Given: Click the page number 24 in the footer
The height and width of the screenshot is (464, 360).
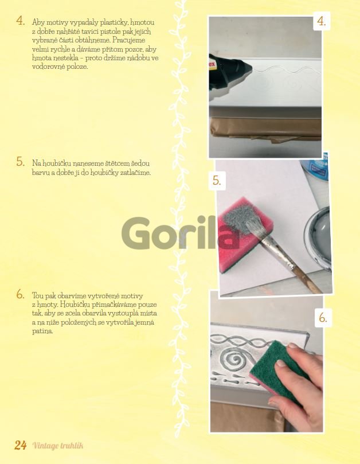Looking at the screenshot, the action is pos(21,445).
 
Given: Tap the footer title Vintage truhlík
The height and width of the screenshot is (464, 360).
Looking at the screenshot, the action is pos(58,446).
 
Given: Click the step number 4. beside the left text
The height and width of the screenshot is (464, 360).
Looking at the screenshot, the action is pos(21,21).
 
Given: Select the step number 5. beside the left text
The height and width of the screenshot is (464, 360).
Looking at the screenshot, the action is pos(21,162).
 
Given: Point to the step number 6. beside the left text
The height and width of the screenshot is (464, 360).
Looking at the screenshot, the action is pos(21,294).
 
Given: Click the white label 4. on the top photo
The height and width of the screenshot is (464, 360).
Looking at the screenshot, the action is pos(322,21).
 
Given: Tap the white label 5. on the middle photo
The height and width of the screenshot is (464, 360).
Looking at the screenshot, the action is pos(217,181).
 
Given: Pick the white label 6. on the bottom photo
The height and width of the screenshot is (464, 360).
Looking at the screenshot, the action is pos(323,318).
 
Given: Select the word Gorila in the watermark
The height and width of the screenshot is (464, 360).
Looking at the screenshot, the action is pos(181,234).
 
